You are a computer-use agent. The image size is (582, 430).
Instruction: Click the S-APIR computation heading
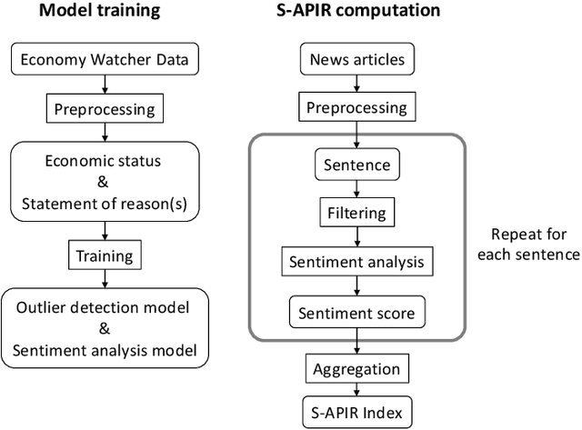point(358,13)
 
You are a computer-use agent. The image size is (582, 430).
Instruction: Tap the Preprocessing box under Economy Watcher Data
point(104,110)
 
